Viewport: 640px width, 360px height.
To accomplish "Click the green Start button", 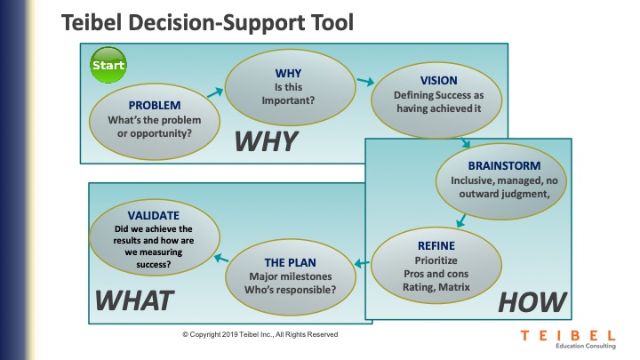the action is pyautogui.click(x=108, y=65).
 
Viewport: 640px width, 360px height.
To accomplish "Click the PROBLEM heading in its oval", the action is pyautogui.click(x=155, y=105).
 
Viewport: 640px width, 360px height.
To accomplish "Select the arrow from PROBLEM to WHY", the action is pyautogui.click(x=215, y=92).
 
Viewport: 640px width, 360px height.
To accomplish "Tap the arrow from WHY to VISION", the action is pyautogui.click(x=365, y=81).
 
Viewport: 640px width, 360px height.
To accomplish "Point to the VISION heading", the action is pyautogui.click(x=439, y=80).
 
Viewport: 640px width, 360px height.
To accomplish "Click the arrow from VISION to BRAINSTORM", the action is pyautogui.click(x=465, y=142).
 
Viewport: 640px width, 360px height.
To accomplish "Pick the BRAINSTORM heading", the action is pyautogui.click(x=504, y=165).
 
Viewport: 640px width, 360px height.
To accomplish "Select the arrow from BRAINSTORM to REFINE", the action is pyautogui.click(x=460, y=220).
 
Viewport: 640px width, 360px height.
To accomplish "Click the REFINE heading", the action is pyautogui.click(x=436, y=245).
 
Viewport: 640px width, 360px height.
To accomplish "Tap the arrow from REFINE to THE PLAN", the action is pyautogui.click(x=362, y=263).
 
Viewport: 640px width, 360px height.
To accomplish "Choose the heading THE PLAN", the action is pyautogui.click(x=290, y=262).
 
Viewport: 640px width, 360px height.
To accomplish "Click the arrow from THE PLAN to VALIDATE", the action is pyautogui.click(x=221, y=258).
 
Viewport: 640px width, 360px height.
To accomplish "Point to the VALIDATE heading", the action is pyautogui.click(x=154, y=215).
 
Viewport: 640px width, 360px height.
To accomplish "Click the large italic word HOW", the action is pyautogui.click(x=532, y=302).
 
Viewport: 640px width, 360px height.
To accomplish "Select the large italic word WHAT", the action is pyautogui.click(x=134, y=300).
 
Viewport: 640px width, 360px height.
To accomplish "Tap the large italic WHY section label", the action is pyautogui.click(x=266, y=141).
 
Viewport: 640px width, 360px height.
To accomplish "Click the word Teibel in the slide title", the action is pyautogui.click(x=92, y=22).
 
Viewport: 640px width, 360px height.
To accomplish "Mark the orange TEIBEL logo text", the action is pyautogui.click(x=568, y=335).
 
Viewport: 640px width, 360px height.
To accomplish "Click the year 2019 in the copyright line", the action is pyautogui.click(x=230, y=334).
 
